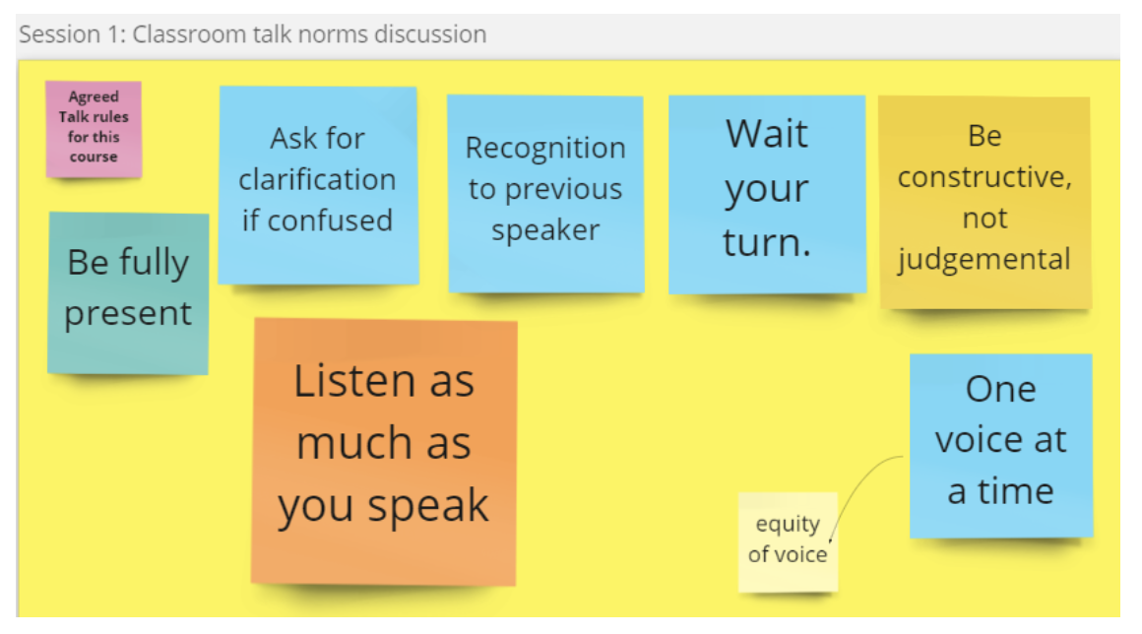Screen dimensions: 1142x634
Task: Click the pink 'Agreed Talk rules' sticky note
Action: (94, 129)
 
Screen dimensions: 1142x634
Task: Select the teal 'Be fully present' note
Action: (128, 293)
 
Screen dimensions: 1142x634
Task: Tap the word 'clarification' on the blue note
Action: (318, 180)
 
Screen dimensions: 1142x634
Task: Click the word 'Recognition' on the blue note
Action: (545, 149)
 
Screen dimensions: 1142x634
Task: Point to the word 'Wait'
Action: (767, 134)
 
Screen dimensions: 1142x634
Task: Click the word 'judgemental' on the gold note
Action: (983, 260)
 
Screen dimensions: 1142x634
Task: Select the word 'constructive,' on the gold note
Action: (984, 177)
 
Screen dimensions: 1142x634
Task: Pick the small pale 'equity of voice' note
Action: (788, 541)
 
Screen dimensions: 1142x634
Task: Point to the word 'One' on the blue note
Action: (1000, 390)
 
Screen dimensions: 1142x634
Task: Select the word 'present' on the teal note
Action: (128, 314)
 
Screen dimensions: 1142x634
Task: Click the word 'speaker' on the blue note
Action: (545, 230)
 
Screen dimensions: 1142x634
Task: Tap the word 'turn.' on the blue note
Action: (767, 242)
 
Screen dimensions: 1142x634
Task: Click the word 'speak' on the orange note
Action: (427, 506)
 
